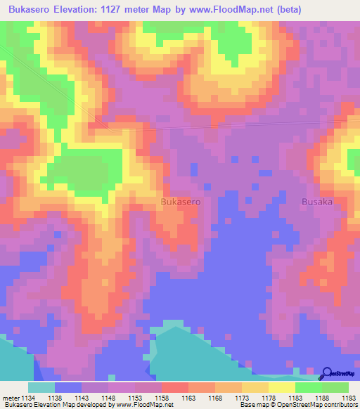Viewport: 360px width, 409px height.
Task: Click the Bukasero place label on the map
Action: click(181, 202)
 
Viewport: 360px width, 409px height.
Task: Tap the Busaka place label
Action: click(316, 202)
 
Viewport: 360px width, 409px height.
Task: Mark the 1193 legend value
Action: click(349, 397)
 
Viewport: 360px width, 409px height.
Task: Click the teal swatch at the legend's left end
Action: click(41, 387)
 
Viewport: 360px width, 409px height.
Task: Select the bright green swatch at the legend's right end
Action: click(335, 387)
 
